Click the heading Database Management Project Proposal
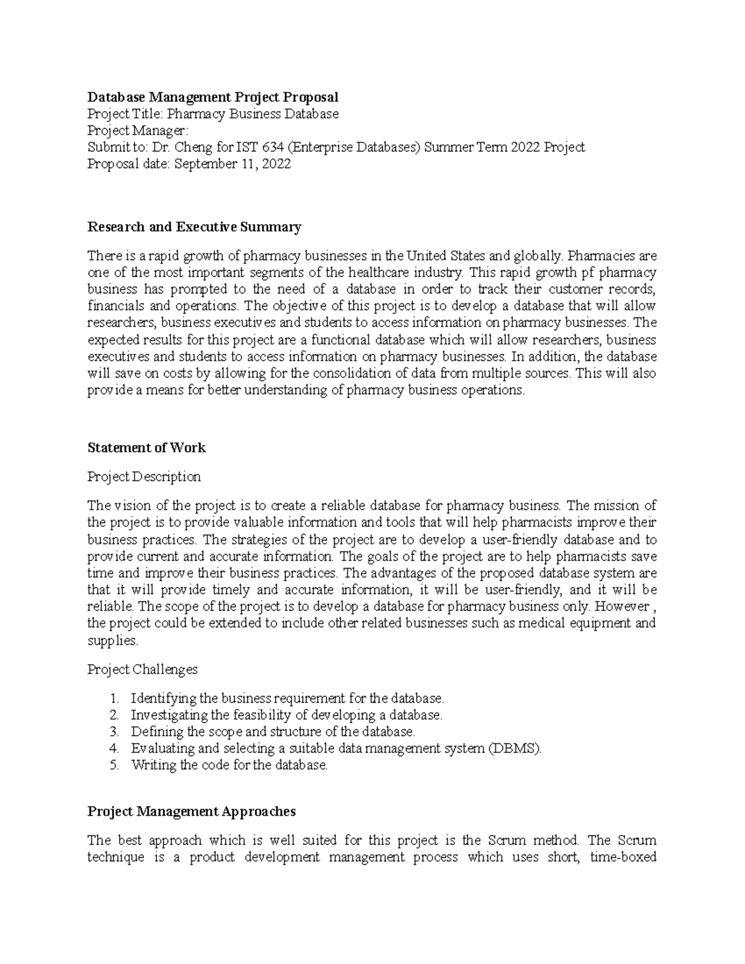point(213,97)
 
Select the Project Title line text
point(213,114)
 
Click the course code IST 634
point(256,147)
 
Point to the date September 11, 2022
point(232,164)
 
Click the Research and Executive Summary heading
point(194,227)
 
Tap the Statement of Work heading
point(147,448)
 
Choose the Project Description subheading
point(144,477)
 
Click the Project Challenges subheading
point(142,669)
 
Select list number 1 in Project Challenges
point(114,698)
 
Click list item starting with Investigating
point(286,715)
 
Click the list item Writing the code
point(228,765)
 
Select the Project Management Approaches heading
point(191,811)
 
